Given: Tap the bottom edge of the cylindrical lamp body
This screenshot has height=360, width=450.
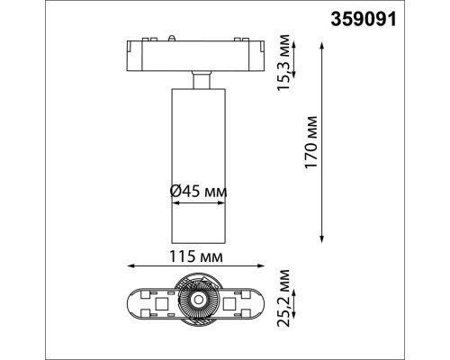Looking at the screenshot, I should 197,243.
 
